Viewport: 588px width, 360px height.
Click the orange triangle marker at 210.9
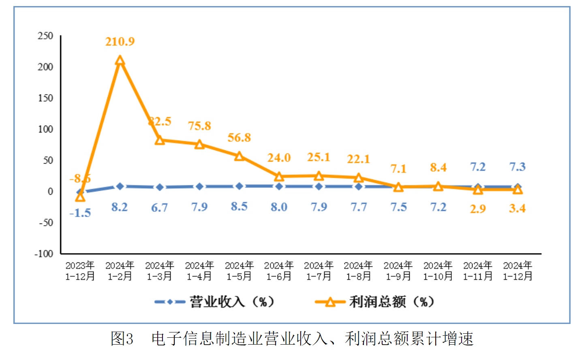(x=120, y=61)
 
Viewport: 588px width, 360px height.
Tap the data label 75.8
(x=199, y=126)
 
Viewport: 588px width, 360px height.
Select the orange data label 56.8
(x=239, y=138)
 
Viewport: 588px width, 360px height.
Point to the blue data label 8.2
(x=120, y=207)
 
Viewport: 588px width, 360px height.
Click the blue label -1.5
(x=80, y=213)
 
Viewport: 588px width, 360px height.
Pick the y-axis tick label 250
(x=45, y=36)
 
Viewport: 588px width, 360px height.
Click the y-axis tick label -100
(x=44, y=254)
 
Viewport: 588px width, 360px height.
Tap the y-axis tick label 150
(x=45, y=98)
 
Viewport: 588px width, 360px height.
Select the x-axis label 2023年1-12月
(x=80, y=271)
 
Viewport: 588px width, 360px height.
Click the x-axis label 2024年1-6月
(x=279, y=271)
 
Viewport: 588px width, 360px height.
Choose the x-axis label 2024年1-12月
(x=517, y=271)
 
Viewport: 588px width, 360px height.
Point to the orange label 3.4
(x=517, y=209)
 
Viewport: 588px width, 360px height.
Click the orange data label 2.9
(x=478, y=209)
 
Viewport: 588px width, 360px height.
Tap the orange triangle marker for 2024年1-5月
(x=239, y=156)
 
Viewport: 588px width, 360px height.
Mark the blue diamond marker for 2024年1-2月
(x=120, y=186)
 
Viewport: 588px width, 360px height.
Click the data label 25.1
(x=319, y=157)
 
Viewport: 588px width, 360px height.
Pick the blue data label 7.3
(x=517, y=167)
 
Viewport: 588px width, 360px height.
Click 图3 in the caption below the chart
(x=122, y=339)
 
